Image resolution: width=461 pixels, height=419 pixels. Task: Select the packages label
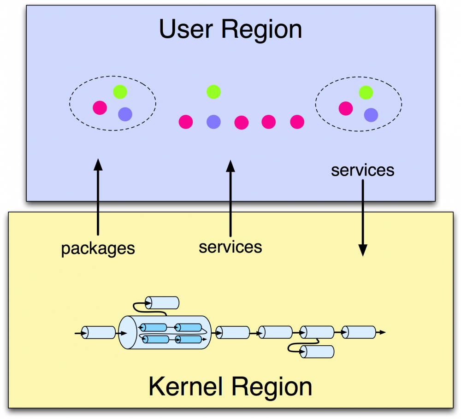point(98,248)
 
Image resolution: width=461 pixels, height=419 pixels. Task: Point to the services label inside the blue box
point(363,170)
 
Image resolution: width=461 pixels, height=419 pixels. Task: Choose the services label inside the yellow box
point(230,247)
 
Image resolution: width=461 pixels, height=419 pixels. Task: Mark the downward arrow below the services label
point(363,217)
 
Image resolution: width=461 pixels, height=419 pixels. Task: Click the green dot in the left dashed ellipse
point(120,92)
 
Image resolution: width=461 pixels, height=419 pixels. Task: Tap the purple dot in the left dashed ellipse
point(125,114)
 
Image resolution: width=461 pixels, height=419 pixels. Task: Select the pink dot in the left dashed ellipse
point(100,108)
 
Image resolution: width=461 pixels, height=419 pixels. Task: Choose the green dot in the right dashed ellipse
point(366,92)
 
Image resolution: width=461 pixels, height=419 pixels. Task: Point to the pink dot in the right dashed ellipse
point(346,108)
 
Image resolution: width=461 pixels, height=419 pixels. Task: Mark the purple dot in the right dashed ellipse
point(371,114)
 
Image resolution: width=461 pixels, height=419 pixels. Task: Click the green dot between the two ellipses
point(213,92)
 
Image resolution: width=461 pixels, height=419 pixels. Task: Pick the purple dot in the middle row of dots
point(213,122)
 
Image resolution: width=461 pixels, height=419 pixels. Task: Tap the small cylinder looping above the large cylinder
point(162,303)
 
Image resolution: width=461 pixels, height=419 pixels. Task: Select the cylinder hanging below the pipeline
point(317,352)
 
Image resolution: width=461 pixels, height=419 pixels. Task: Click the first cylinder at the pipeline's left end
point(99,332)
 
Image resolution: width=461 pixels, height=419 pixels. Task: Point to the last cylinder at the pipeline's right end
point(359,332)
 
